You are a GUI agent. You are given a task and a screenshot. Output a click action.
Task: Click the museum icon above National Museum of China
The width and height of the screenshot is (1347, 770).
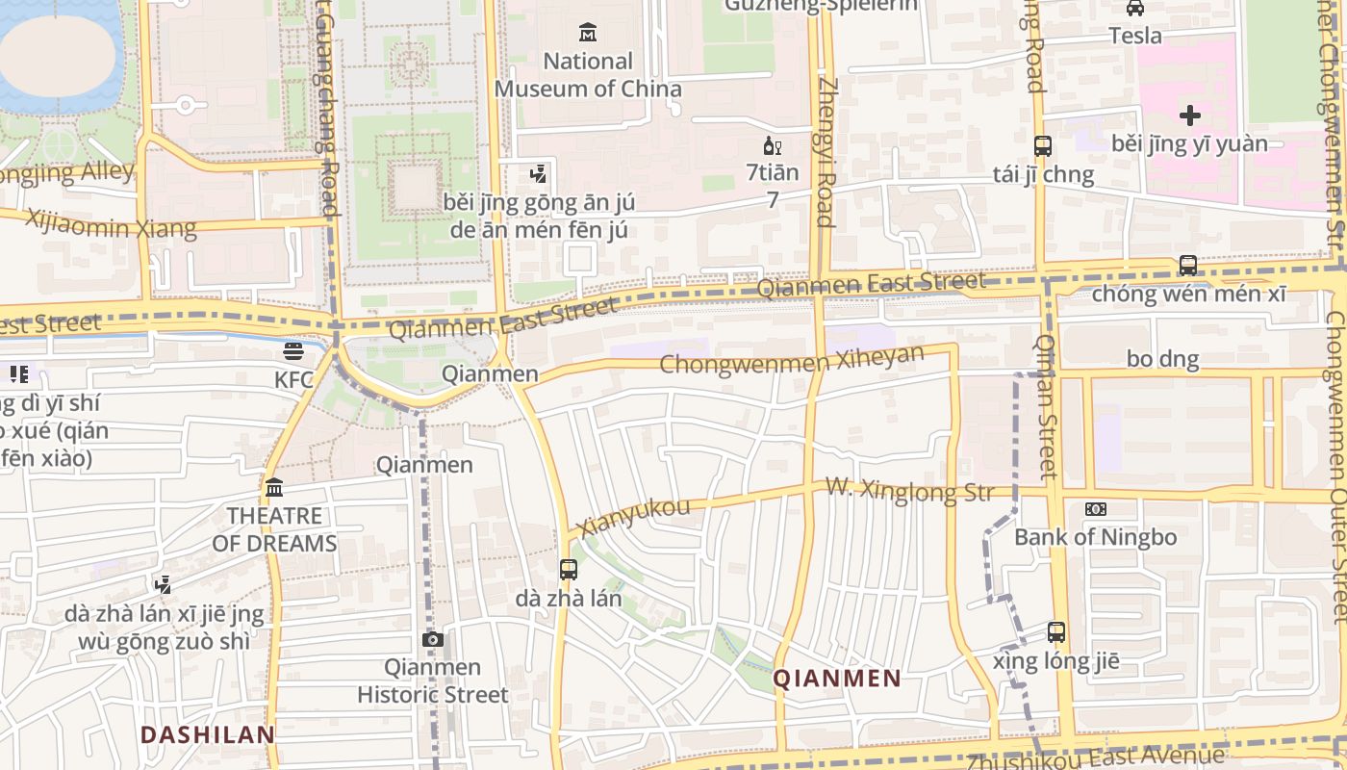pyautogui.click(x=588, y=33)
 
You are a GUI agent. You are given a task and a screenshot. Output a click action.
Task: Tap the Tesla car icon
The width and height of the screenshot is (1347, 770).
pyautogui.click(x=1135, y=9)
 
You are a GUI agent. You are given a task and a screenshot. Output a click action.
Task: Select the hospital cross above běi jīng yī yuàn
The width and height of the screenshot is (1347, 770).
pyautogui.click(x=1190, y=115)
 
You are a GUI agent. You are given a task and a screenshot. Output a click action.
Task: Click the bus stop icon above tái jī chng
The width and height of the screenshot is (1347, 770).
pyautogui.click(x=1043, y=146)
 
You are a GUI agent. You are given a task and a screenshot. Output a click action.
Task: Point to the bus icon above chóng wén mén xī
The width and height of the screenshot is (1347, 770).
pyautogui.click(x=1188, y=265)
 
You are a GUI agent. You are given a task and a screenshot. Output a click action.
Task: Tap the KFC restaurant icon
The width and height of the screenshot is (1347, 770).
pyautogui.click(x=293, y=351)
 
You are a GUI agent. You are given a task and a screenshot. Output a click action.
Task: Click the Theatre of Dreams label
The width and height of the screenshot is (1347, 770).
pyautogui.click(x=274, y=529)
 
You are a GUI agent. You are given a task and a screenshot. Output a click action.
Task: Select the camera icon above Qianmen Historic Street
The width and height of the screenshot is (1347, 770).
pyautogui.click(x=433, y=639)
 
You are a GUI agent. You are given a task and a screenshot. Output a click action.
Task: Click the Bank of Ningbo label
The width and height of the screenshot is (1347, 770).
pyautogui.click(x=1095, y=537)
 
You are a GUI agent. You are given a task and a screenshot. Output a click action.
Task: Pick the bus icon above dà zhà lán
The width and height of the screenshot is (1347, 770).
pyautogui.click(x=569, y=569)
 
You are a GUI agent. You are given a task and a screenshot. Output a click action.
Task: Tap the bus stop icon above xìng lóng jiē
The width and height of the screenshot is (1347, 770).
pyautogui.click(x=1056, y=632)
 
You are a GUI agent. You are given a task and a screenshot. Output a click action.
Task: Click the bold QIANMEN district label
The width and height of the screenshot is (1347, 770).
pyautogui.click(x=837, y=679)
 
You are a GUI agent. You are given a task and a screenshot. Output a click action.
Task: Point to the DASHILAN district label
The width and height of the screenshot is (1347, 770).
pyautogui.click(x=208, y=735)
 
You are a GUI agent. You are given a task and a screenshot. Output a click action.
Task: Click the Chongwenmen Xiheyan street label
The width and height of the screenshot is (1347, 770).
pyautogui.click(x=792, y=361)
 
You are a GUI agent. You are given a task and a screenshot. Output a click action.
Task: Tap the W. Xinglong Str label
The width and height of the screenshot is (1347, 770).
pyautogui.click(x=908, y=491)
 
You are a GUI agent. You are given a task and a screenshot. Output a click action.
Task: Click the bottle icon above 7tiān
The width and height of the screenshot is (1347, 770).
pyautogui.click(x=769, y=146)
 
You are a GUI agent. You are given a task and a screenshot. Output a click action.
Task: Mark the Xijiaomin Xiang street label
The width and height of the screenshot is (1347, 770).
pyautogui.click(x=112, y=224)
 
